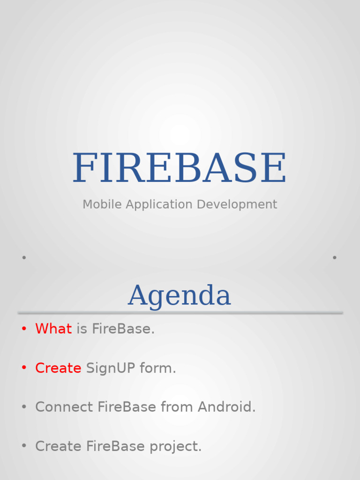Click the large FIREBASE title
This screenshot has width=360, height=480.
tap(180, 168)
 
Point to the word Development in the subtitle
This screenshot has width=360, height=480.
tap(237, 204)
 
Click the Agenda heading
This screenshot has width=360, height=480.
tap(180, 296)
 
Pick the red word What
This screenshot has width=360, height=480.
tap(53, 329)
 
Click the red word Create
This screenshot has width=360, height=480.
tap(58, 368)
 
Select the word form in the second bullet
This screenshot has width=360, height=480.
tap(157, 368)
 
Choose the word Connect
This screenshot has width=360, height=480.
tap(64, 407)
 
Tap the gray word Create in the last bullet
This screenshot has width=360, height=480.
tap(58, 446)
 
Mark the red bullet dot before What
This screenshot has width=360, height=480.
tap(24, 329)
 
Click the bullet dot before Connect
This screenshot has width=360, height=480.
tap(24, 407)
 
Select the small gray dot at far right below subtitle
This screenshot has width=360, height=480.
tap(335, 257)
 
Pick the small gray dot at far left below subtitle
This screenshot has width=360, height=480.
tap(24, 257)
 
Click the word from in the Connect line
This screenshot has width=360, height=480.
tap(177, 407)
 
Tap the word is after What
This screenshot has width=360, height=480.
tap(82, 329)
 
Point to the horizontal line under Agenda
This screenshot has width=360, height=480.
tap(180, 313)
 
